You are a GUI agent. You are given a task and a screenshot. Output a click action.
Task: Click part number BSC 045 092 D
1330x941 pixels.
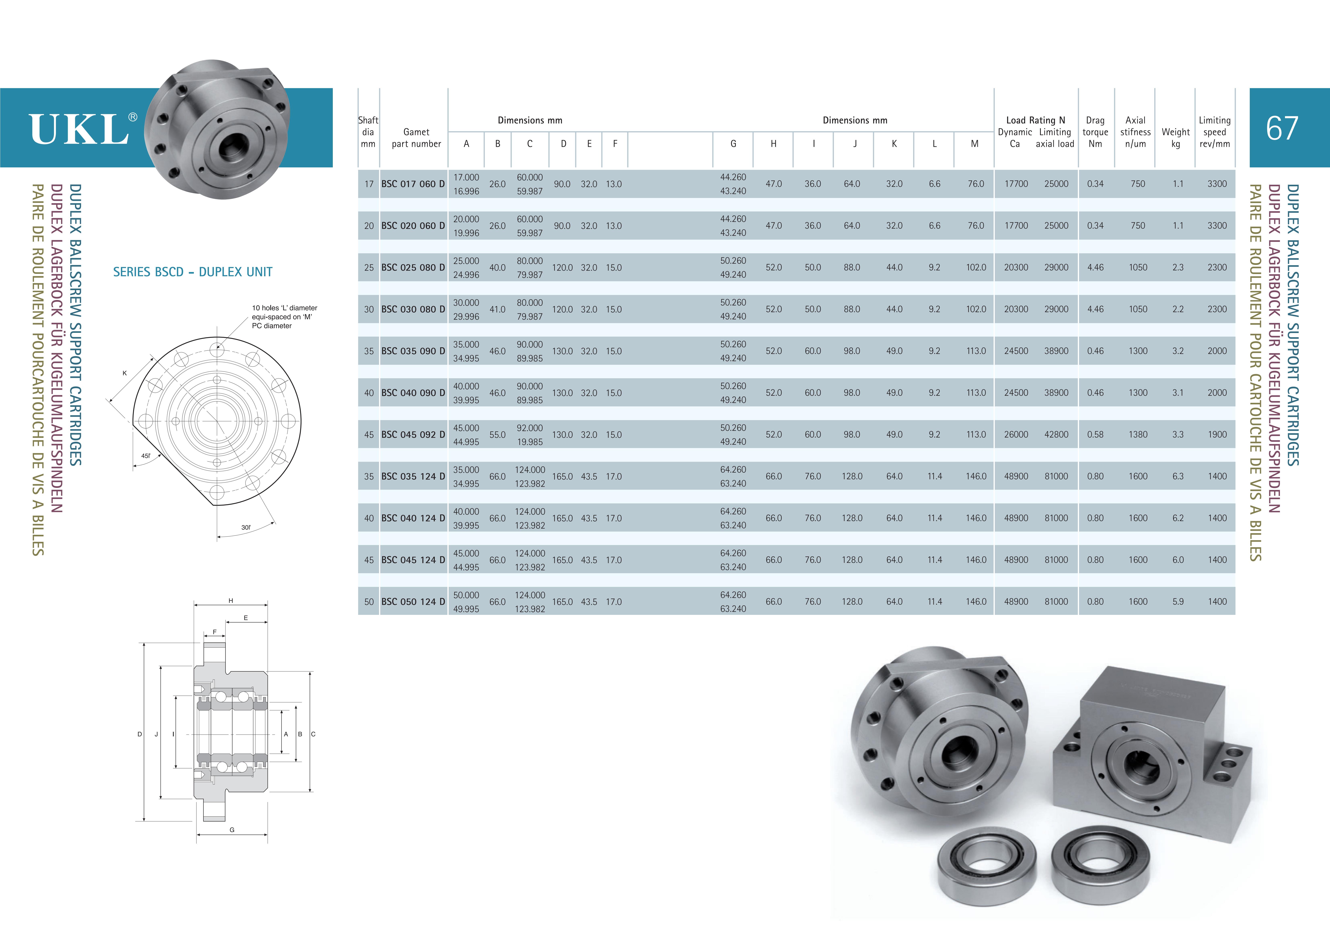(413, 435)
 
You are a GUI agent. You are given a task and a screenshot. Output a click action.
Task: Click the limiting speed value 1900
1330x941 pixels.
(1217, 435)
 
